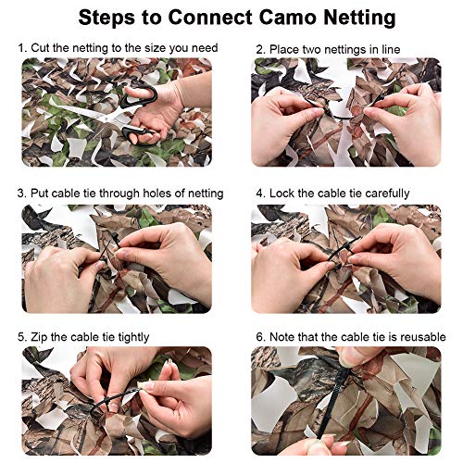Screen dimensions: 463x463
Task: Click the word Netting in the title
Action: (351, 17)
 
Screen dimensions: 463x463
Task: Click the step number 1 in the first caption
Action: (20, 45)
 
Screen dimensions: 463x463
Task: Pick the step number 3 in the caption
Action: (20, 193)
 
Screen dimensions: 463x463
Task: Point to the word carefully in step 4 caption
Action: (383, 193)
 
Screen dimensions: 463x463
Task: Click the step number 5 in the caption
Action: (20, 336)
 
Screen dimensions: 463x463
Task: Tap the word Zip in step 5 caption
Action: (39, 336)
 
